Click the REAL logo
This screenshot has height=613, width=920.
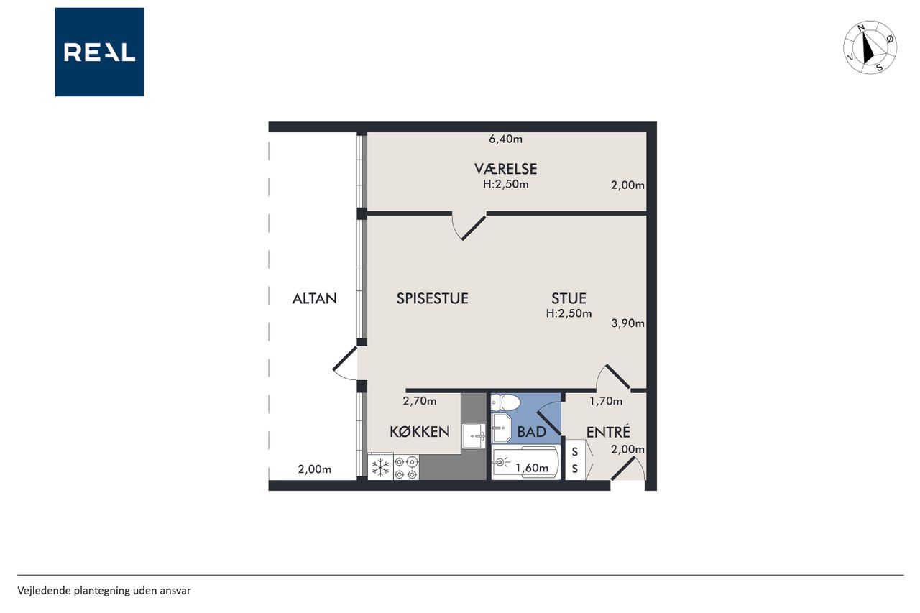click(x=99, y=52)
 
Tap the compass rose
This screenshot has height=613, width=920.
click(x=870, y=47)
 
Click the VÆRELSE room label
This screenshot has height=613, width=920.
click(x=505, y=169)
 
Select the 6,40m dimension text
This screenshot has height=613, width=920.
click(x=505, y=139)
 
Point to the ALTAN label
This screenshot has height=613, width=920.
click(x=315, y=298)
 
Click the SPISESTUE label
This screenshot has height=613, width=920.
click(x=433, y=298)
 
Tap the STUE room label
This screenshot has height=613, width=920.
click(x=569, y=298)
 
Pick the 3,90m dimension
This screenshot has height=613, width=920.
click(x=627, y=323)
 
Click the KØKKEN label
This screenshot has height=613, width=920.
click(x=419, y=431)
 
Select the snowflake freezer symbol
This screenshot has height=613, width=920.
click(x=381, y=468)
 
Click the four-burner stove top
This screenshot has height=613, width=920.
click(x=406, y=467)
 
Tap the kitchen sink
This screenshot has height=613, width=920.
click(x=474, y=436)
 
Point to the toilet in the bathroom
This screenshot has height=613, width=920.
click(x=505, y=402)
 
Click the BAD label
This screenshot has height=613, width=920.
click(x=531, y=431)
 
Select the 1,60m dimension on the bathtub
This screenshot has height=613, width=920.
click(x=532, y=468)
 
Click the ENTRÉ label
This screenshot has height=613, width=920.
click(x=608, y=432)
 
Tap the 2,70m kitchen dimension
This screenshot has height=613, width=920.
click(x=420, y=401)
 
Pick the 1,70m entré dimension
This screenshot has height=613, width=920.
click(x=606, y=401)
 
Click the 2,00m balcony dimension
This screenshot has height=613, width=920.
click(x=315, y=469)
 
